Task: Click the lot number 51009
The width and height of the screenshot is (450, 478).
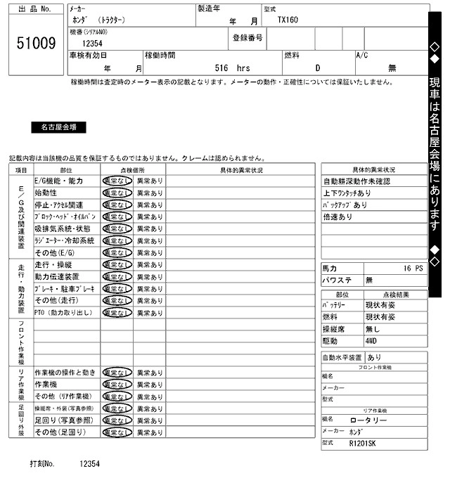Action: pyautogui.click(x=36, y=44)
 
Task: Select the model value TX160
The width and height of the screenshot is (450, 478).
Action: pyautogui.click(x=288, y=20)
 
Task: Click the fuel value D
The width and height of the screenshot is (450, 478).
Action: pyautogui.click(x=317, y=68)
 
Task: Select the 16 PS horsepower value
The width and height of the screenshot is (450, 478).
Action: pyautogui.click(x=413, y=269)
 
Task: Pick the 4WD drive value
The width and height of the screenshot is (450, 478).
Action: pyautogui.click(x=371, y=340)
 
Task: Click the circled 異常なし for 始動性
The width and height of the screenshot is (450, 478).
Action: pyautogui.click(x=117, y=193)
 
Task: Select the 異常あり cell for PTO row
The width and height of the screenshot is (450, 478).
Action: pyautogui.click(x=149, y=312)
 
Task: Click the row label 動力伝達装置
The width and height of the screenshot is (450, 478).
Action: pyautogui.click(x=57, y=276)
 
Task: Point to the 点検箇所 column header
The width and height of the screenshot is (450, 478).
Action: pyautogui.click(x=133, y=169)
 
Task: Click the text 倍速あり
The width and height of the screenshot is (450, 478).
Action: pyautogui.click(x=338, y=217)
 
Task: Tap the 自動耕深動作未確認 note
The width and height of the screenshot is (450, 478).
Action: pyautogui.click(x=356, y=181)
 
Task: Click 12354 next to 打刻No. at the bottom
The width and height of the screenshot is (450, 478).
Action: pyautogui.click(x=90, y=464)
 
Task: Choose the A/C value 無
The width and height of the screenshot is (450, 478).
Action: pyautogui.click(x=392, y=68)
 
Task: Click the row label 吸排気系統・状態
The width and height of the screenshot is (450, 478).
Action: pyautogui.click(x=63, y=228)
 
